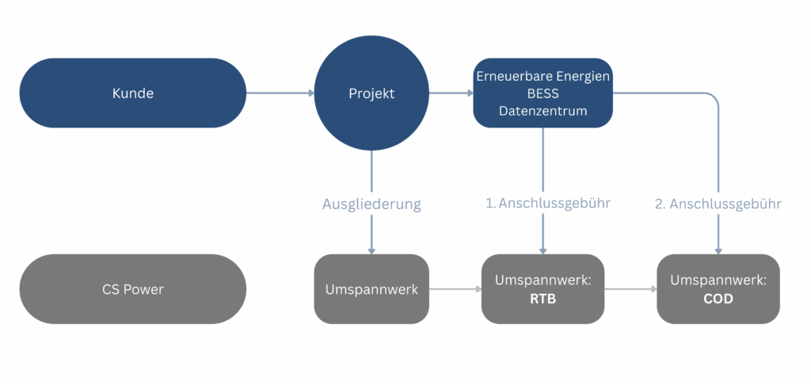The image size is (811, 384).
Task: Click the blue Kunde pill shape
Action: (133, 93)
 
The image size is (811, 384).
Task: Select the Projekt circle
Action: (371, 93)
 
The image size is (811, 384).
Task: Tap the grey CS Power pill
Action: (133, 289)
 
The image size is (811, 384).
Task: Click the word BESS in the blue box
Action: (543, 93)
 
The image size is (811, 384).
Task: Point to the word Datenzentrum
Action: (543, 111)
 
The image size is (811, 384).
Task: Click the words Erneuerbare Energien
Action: (543, 77)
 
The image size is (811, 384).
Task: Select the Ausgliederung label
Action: (371, 203)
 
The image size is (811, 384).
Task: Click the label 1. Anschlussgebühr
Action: (548, 203)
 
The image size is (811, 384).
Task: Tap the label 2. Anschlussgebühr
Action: (718, 203)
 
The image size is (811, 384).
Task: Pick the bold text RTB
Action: (543, 298)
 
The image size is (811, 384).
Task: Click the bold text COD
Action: (718, 298)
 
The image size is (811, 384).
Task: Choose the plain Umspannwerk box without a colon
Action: (371, 289)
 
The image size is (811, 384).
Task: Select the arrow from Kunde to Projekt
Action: (280, 93)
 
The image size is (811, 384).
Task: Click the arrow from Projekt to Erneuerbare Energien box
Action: (451, 93)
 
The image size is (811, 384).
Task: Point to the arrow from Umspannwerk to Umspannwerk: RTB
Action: (455, 289)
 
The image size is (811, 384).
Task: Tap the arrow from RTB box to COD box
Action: (630, 289)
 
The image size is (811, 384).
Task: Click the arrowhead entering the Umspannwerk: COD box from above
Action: (718, 251)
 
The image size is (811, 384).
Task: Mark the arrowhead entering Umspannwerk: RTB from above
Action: (543, 251)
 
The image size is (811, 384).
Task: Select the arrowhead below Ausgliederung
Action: (371, 251)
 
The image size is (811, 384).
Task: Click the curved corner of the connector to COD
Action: (714, 97)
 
